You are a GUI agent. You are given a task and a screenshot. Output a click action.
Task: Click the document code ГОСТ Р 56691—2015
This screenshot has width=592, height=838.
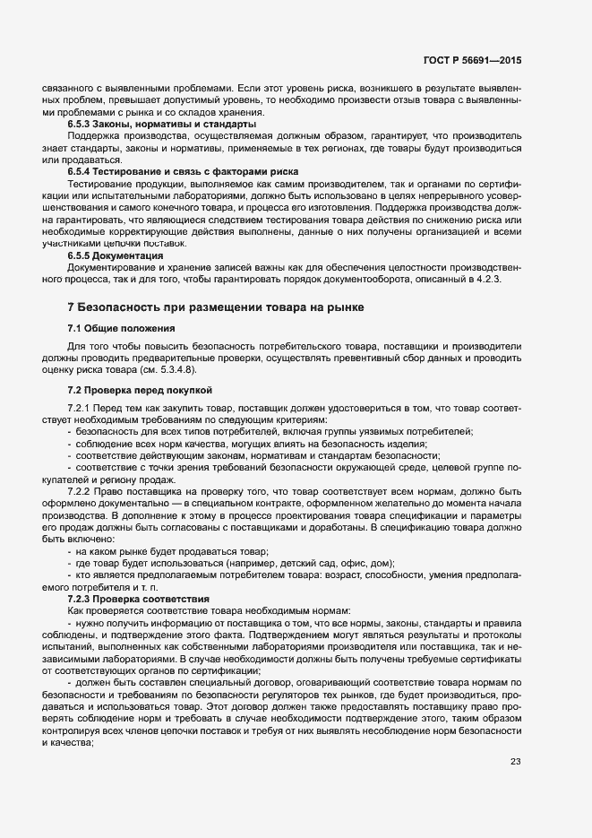pyautogui.click(x=473, y=59)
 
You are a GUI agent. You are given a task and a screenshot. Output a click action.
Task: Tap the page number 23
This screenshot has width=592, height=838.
pyautogui.click(x=515, y=762)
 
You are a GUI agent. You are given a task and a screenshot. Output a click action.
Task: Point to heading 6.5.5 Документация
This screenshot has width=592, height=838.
pyautogui.click(x=115, y=255)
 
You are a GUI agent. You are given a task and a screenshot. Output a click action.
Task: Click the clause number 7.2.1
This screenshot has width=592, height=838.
pyautogui.click(x=82, y=410)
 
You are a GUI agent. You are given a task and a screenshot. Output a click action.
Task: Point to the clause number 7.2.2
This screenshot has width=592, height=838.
pyautogui.click(x=82, y=491)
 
